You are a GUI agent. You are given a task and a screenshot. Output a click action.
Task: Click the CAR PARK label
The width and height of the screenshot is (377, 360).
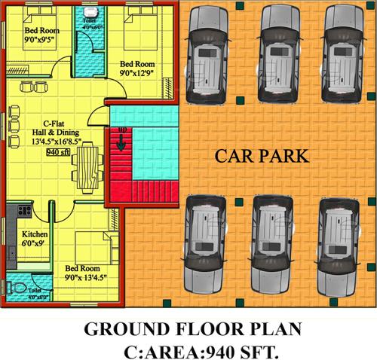pos(261,157)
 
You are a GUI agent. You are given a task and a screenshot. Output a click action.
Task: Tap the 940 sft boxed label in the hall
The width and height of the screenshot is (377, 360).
pos(58,151)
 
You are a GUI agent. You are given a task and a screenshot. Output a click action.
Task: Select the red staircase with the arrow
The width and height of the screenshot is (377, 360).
pos(121,159)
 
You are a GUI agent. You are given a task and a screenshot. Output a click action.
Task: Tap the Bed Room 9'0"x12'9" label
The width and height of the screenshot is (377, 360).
pos(139,69)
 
